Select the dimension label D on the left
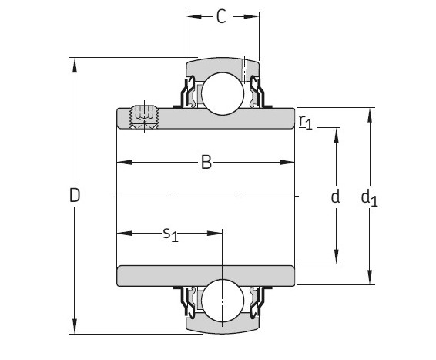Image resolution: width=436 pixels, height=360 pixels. [x=75, y=196]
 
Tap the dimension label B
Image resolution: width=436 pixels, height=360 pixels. [x=206, y=162]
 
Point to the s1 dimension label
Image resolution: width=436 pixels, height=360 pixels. [x=170, y=234]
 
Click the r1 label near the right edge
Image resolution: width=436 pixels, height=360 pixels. [x=305, y=122]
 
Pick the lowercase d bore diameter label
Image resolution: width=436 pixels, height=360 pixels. [x=335, y=197]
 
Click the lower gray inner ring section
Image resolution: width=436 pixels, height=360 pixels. [x=206, y=274]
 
